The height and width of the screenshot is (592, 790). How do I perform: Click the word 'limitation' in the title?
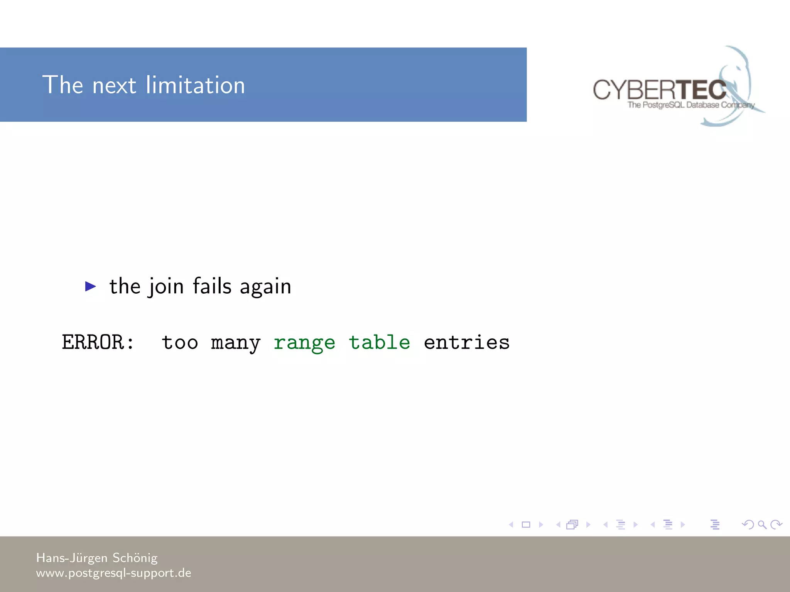click(195, 85)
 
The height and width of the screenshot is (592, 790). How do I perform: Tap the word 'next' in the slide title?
click(114, 86)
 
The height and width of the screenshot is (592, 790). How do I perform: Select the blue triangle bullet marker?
click(90, 286)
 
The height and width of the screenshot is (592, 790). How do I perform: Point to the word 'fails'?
click(212, 286)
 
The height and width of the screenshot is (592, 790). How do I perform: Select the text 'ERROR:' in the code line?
click(98, 342)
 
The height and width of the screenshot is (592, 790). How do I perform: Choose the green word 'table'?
click(379, 342)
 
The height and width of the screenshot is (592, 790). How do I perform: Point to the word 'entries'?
click(467, 342)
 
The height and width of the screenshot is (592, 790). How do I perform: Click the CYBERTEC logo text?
click(659, 90)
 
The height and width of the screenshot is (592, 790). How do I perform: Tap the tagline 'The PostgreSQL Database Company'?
click(690, 105)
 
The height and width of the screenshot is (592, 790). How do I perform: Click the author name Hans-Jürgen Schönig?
click(97, 558)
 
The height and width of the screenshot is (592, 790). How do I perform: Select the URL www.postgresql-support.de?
click(113, 573)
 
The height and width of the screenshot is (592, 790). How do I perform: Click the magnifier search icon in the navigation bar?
click(762, 525)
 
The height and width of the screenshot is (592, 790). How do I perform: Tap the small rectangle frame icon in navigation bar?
click(526, 525)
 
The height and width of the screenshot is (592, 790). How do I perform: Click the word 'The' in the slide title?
click(62, 85)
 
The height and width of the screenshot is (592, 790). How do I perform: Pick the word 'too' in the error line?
click(180, 342)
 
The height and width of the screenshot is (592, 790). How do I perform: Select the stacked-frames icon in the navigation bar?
click(572, 525)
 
